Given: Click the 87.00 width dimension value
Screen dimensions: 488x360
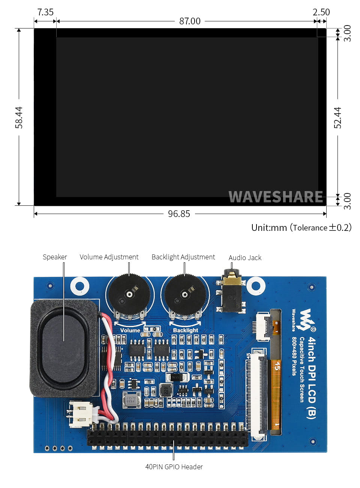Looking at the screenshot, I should tap(190, 21).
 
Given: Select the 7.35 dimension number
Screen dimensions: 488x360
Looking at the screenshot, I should tap(45, 12).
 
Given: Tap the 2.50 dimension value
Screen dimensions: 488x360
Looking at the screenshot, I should tap(321, 12).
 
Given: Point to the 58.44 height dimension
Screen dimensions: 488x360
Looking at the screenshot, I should tap(19, 118).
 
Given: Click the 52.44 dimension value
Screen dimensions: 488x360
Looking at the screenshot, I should tap(338, 118).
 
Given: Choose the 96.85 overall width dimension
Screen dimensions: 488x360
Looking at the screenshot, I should tap(179, 214).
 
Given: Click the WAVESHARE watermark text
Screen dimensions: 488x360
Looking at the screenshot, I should tap(276, 197).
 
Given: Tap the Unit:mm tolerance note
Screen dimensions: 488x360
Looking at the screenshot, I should tap(301, 228).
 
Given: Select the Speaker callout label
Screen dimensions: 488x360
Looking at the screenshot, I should tap(55, 257).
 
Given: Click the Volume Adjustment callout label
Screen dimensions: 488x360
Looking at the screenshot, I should tap(109, 257).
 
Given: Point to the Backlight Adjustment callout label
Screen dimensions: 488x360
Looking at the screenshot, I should tap(183, 257).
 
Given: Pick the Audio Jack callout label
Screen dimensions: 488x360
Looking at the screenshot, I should tap(245, 258).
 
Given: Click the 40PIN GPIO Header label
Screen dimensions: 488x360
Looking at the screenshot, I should tap(174, 467).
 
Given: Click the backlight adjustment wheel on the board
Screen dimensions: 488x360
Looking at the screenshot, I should tap(185, 295).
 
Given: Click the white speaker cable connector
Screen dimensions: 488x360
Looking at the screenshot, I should tap(80, 414).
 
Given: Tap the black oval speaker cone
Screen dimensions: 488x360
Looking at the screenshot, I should tap(63, 349).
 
